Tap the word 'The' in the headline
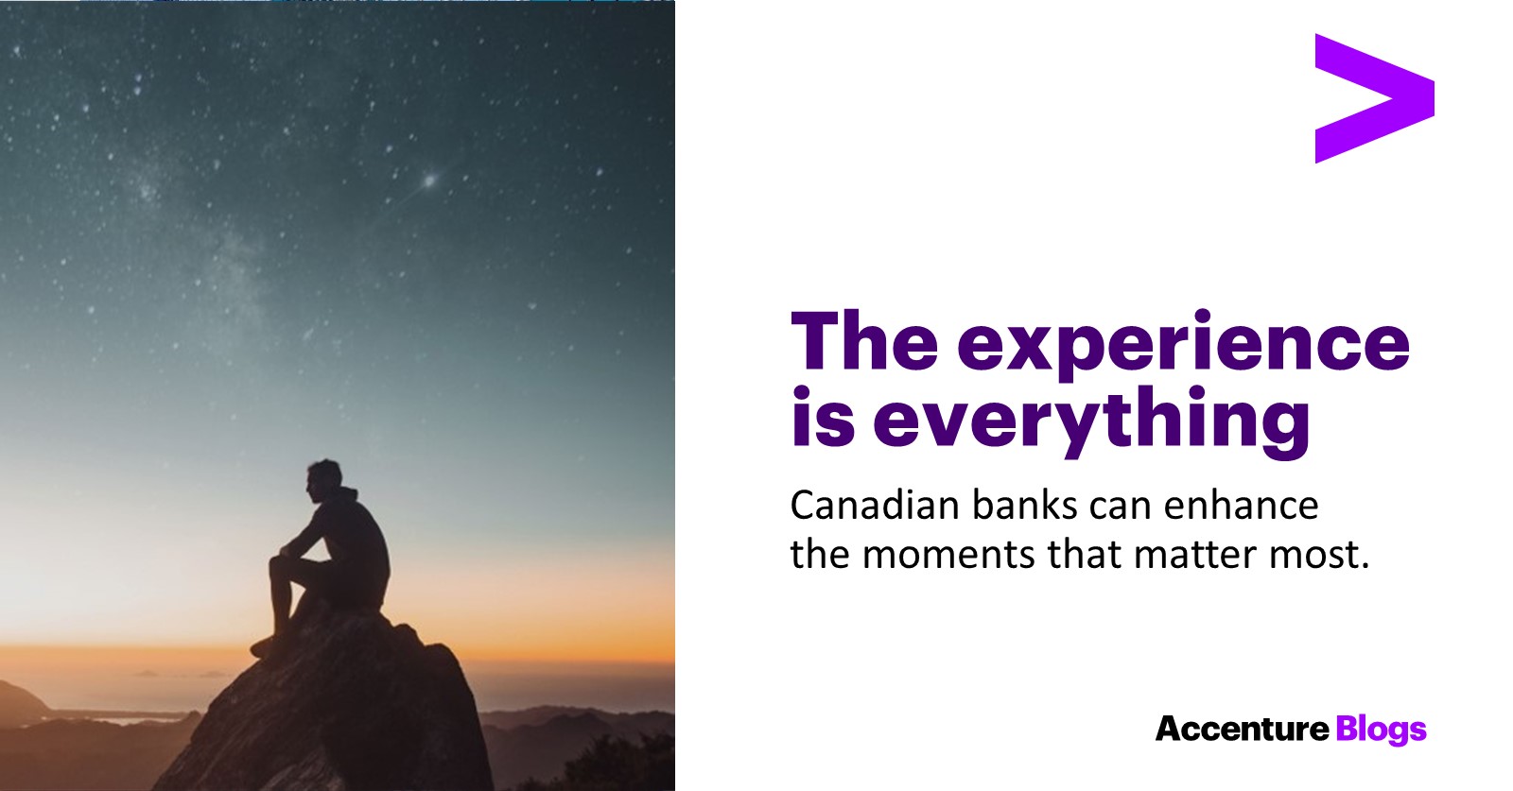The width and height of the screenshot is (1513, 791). (x=864, y=340)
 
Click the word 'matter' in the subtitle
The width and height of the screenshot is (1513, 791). (x=1195, y=555)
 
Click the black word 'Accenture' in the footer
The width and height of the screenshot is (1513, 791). (x=1243, y=729)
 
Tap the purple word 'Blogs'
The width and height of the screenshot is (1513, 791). (x=1382, y=731)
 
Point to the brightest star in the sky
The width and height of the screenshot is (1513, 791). (x=429, y=181)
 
